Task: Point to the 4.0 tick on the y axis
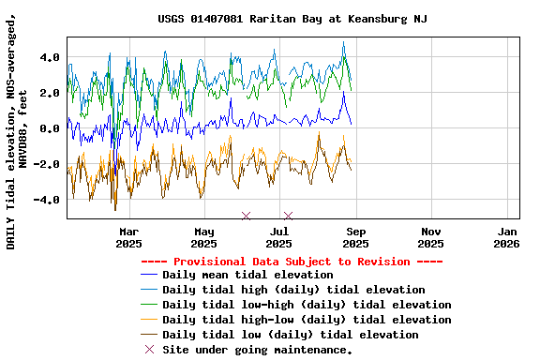49,57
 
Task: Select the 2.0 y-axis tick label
49,93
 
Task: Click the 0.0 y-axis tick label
49,128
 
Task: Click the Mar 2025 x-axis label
129,237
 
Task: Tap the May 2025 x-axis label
204,237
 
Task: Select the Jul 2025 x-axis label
279,237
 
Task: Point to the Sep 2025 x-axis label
355,237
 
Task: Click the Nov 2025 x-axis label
431,237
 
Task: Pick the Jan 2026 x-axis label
506,237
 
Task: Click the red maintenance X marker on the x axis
246,217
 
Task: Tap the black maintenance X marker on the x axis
288,217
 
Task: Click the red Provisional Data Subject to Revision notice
292,262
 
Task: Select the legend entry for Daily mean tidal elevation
247,275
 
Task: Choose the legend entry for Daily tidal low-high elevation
307,305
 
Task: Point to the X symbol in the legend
148,350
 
